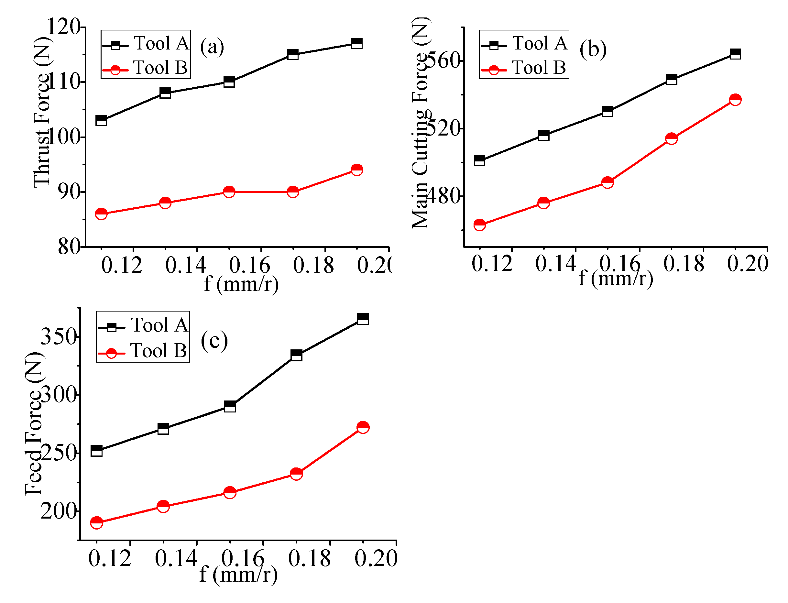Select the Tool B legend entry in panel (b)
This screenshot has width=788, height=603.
tap(524, 68)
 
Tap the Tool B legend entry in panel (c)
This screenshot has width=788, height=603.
tap(143, 351)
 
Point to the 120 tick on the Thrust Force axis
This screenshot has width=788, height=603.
tap(64, 26)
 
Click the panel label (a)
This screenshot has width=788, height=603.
tap(212, 47)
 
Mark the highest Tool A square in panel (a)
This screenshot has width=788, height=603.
tap(357, 43)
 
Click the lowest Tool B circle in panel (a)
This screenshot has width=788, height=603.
tap(101, 214)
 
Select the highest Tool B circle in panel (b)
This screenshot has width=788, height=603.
tap(735, 99)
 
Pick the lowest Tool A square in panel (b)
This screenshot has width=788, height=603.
tap(480, 160)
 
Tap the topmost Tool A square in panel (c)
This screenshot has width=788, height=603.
tap(363, 319)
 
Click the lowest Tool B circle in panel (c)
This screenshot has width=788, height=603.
tap(96, 522)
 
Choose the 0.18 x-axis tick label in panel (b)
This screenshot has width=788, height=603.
tap(684, 264)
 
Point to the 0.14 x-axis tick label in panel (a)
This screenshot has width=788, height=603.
tap(186, 266)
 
